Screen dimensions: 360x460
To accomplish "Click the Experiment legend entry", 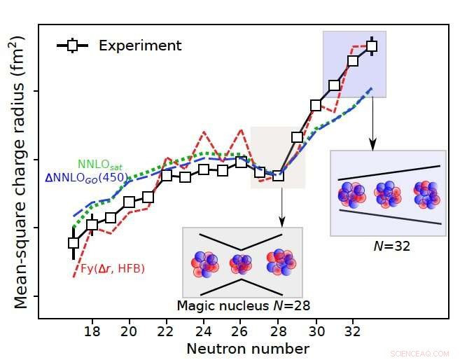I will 119,46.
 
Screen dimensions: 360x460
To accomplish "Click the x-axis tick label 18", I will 92,330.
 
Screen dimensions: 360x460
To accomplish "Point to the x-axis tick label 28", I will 278,330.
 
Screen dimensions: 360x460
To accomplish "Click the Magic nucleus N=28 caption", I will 243,305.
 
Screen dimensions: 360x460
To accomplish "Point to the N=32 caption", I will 387,246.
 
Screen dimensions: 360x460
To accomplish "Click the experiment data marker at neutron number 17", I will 74,243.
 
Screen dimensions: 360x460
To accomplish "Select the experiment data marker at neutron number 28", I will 278,175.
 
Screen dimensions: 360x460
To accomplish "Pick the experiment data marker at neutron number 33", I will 372,46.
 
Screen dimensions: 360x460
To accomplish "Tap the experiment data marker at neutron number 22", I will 167,175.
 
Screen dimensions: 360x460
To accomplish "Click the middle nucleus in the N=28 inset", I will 242,263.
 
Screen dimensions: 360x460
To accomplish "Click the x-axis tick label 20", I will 129,330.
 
